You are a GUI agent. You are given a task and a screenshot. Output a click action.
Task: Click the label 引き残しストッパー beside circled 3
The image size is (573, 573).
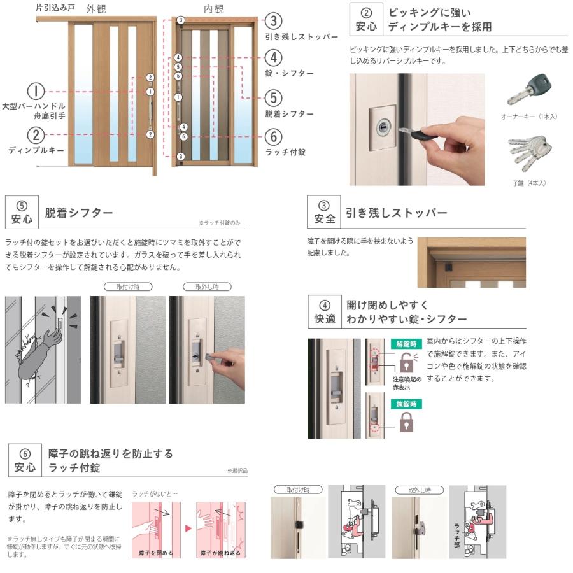[301, 37]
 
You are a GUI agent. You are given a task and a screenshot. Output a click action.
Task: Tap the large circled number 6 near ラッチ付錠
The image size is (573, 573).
[272, 136]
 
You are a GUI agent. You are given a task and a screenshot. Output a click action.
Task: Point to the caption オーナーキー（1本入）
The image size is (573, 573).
[528, 117]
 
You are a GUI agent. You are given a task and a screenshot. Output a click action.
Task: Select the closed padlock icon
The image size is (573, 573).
[406, 422]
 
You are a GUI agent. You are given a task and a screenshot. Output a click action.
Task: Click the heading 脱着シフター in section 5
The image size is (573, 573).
[79, 213]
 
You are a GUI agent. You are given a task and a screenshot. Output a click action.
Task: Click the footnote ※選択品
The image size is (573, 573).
[237, 470]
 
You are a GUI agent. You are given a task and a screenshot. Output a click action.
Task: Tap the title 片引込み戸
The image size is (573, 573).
[55, 8]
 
